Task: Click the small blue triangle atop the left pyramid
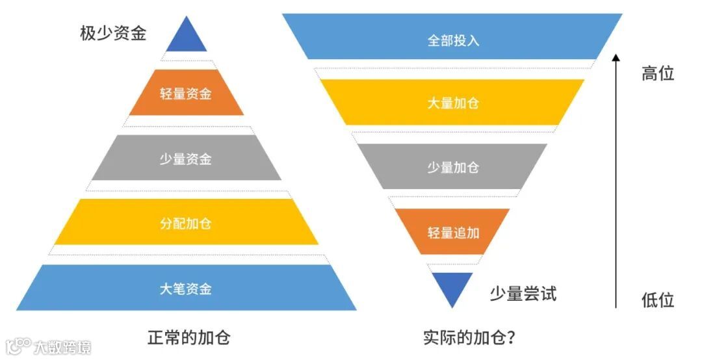coord(187,38)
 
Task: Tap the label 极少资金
coord(113,33)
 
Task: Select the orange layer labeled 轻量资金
coord(186,93)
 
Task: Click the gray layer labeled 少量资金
coord(186,158)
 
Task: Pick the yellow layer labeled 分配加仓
coord(186,223)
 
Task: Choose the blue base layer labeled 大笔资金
coord(186,288)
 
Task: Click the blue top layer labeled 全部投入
coord(452,39)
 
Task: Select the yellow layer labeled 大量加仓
coord(452,103)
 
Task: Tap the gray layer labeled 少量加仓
coord(452,166)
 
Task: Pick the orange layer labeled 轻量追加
coord(452,231)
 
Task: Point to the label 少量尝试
coord(523,294)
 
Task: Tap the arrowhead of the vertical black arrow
coord(616,58)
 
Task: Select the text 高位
coord(658,73)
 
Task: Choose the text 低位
coord(658,300)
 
